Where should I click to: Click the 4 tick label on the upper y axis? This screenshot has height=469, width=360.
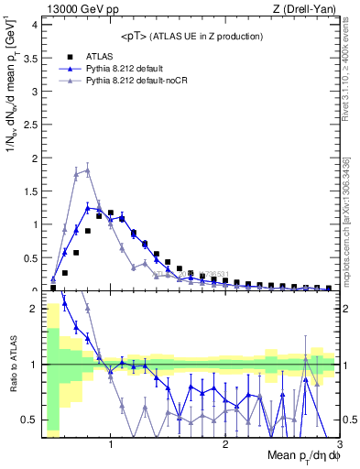(33, 24)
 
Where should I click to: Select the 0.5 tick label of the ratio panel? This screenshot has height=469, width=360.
(28, 420)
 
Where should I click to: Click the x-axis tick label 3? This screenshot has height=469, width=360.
(339, 446)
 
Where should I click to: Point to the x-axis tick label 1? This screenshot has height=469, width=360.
(111, 446)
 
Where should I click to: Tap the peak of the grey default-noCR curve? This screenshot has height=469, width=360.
(87, 169)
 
